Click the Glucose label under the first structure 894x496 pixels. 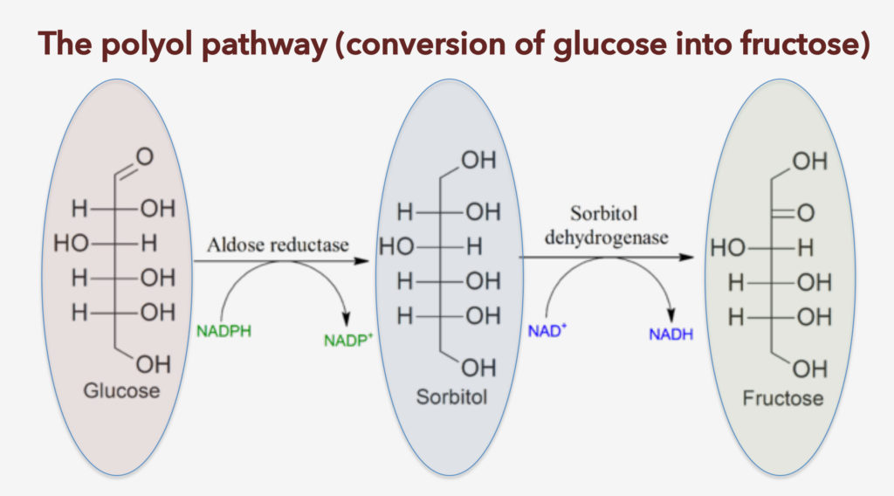(121, 390)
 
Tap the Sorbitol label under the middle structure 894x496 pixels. (450, 399)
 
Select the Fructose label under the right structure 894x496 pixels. (783, 398)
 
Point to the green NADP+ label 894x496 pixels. (348, 340)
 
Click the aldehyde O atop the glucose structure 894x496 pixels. (144, 157)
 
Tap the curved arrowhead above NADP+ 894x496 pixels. (349, 318)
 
